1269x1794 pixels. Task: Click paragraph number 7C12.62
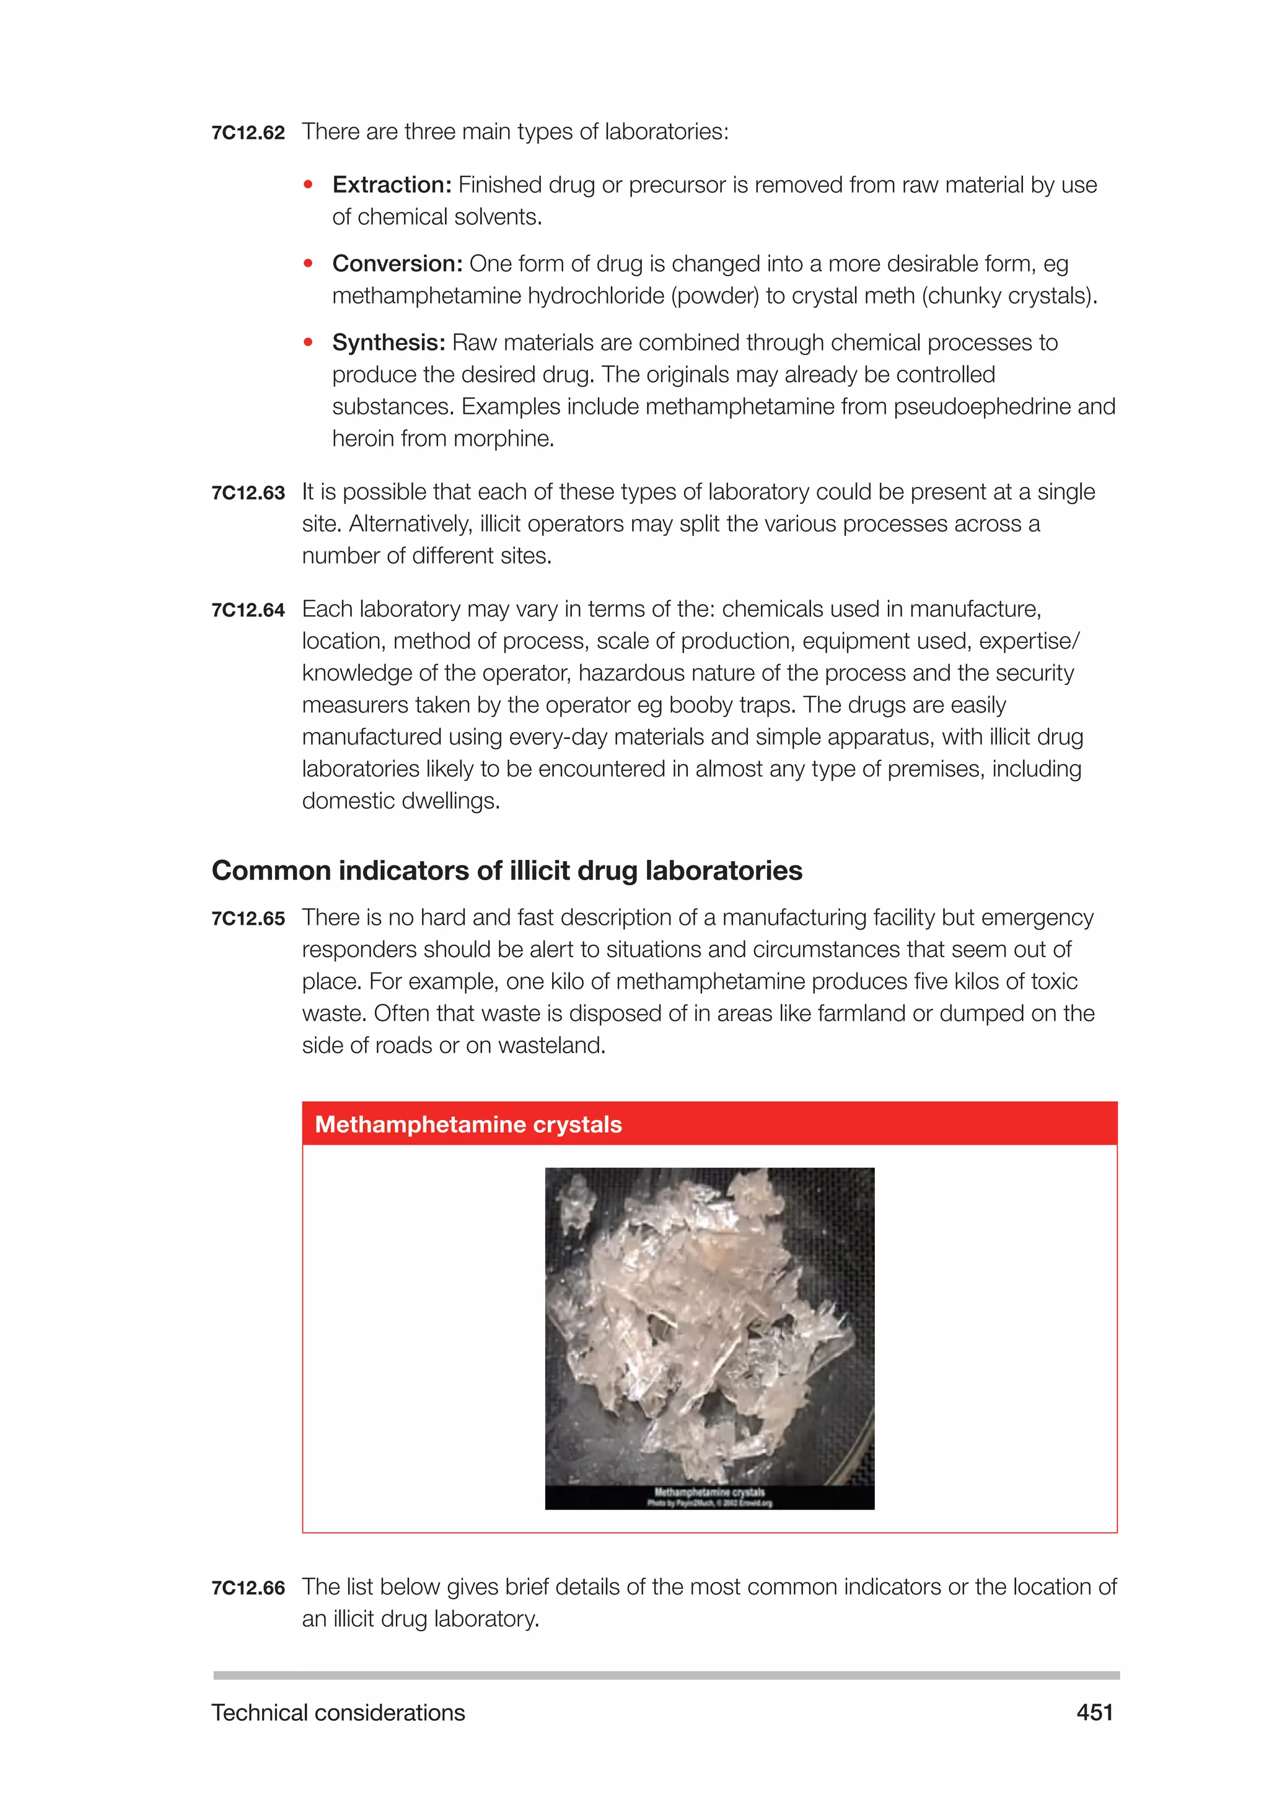[248, 133]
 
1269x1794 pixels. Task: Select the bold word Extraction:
[392, 185]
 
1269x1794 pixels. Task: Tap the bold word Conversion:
[397, 264]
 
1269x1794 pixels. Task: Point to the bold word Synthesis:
[389, 343]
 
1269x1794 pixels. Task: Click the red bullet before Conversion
[309, 264]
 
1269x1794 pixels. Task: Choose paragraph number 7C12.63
[248, 493]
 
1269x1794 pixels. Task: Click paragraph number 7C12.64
[248, 610]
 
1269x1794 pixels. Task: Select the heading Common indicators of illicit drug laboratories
[506, 870]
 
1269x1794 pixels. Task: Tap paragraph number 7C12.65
[248, 919]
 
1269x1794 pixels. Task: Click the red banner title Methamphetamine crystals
[468, 1124]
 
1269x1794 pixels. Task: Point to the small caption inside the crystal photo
[709, 1497]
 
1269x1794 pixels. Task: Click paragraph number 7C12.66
[248, 1588]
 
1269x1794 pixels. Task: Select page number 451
[1094, 1713]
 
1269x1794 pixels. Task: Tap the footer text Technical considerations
[338, 1713]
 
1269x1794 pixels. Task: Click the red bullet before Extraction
[309, 185]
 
